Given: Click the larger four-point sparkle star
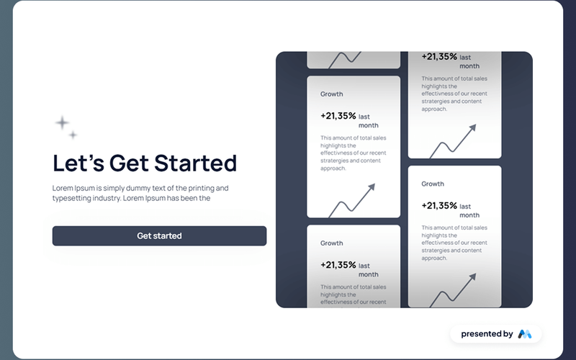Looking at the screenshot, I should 63,122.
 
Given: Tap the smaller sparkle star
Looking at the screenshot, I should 73,135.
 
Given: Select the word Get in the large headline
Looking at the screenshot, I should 129,163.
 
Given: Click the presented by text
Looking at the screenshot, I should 487,334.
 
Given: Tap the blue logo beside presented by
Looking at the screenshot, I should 524,334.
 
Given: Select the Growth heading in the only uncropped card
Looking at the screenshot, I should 332,94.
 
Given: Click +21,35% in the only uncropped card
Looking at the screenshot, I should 338,115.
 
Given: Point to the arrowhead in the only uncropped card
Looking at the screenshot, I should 372,187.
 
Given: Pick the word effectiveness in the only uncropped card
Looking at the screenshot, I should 344,153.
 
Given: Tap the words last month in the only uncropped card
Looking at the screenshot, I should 368,121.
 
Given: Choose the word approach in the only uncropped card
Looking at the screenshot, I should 333,168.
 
